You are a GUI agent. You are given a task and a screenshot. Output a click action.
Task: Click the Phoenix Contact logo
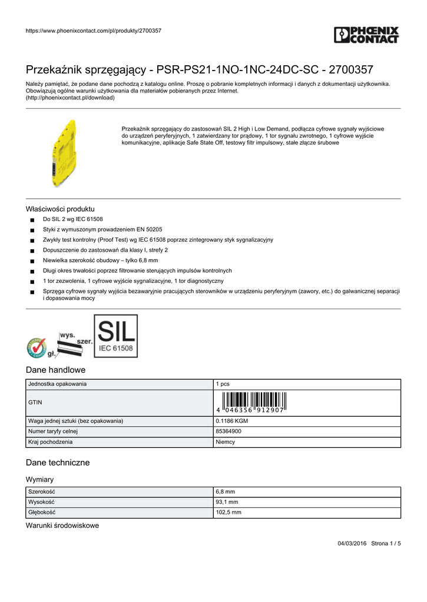click(366, 35)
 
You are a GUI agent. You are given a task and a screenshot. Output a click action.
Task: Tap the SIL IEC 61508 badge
click(116, 336)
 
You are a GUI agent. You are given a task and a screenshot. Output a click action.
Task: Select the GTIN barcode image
click(250, 402)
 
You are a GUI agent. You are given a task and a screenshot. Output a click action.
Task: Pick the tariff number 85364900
click(229, 431)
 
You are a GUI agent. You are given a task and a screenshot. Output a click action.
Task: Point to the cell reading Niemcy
click(226, 442)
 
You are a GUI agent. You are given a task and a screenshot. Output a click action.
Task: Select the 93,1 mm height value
click(227, 502)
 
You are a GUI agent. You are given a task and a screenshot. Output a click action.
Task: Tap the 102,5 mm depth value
click(229, 513)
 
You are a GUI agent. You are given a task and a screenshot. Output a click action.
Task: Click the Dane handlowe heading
click(56, 370)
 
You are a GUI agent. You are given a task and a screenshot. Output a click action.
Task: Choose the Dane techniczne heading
click(58, 463)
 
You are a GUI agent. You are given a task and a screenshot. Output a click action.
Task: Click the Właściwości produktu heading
click(60, 209)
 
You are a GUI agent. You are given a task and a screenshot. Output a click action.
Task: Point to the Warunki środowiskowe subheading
click(62, 525)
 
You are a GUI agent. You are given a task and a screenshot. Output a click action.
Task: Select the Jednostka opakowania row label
click(58, 384)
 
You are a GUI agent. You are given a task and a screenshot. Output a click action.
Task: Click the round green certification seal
click(37, 347)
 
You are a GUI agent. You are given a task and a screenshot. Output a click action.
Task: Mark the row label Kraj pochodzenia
click(51, 442)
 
